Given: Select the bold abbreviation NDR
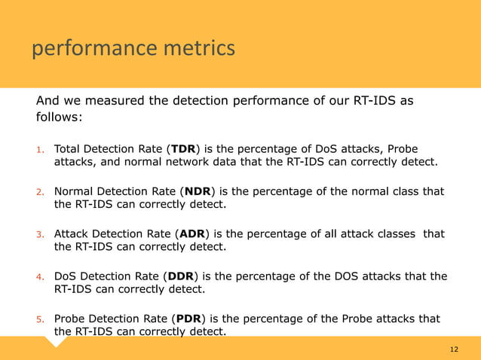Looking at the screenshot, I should click(197, 191).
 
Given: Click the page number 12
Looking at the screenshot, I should click(454, 349).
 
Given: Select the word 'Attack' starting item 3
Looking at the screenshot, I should click(72, 233).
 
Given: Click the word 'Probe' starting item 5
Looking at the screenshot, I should click(70, 318).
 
